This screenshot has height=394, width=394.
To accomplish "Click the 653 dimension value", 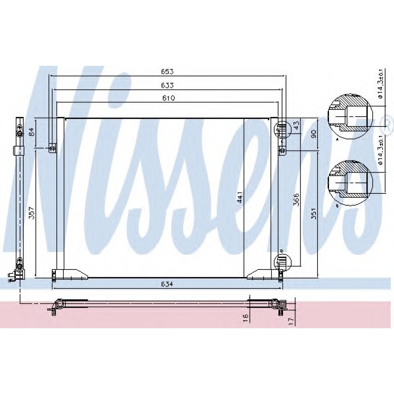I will (167, 72).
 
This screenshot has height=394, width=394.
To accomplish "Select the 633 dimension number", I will (167, 85).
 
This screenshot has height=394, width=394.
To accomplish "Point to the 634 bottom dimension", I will (167, 284).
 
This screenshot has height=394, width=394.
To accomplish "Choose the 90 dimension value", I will (314, 134).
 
